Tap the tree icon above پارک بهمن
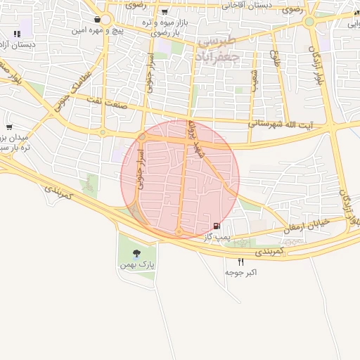click(x=136, y=252)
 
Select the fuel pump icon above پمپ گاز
click(x=216, y=226)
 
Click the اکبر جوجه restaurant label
click(x=241, y=272)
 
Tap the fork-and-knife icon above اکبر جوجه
click(x=241, y=261)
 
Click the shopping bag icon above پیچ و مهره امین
click(x=96, y=20)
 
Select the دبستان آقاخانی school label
click(x=245, y=5)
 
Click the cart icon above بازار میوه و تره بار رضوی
click(x=165, y=11)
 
